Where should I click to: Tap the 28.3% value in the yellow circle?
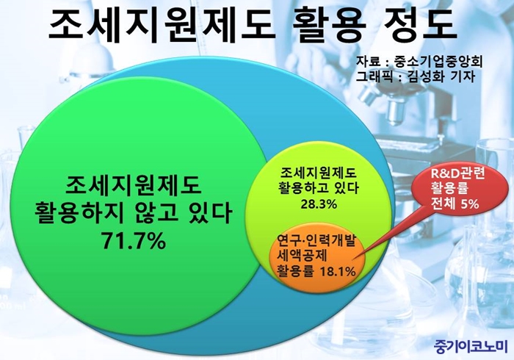click(x=319, y=204)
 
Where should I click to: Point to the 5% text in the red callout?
click(x=470, y=204)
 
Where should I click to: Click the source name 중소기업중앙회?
click(x=438, y=62)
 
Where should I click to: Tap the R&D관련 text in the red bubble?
click(x=457, y=174)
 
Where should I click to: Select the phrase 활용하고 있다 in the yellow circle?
click(x=318, y=188)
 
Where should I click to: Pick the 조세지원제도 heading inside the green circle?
click(x=133, y=186)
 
